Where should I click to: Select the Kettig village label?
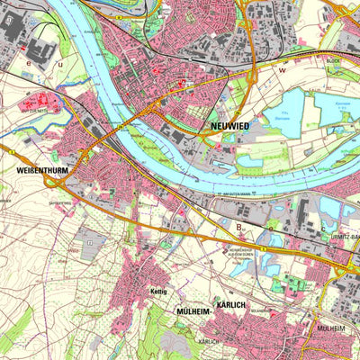coord(158,293)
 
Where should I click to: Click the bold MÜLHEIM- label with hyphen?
coord(191,312)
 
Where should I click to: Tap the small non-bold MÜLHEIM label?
coord(330,329)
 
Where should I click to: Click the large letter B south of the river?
coord(239,228)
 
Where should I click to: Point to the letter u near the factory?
coord(60,65)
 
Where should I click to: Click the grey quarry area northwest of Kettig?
coord(87,241)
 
